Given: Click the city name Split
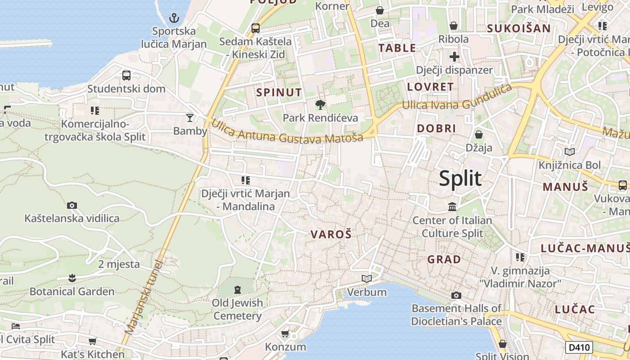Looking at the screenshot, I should (x=460, y=179).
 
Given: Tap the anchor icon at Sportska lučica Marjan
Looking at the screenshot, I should (x=174, y=18).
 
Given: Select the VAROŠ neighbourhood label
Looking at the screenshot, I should (x=331, y=234).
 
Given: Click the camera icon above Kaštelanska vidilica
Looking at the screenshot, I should (x=72, y=205).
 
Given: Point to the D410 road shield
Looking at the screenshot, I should (x=579, y=347).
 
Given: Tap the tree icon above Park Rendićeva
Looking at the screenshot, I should (x=320, y=105).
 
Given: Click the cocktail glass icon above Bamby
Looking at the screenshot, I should (x=190, y=118).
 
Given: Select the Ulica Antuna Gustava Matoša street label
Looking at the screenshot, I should (x=287, y=131).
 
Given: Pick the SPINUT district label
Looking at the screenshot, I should (x=279, y=93).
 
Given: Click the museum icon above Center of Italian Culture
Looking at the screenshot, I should (x=452, y=207).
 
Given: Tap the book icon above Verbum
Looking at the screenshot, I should (x=367, y=279).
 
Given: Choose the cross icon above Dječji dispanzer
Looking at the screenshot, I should (x=454, y=57).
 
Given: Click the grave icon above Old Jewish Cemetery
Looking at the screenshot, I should (x=238, y=289).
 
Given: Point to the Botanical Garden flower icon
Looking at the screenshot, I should (x=72, y=278).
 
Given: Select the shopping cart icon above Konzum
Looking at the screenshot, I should (x=285, y=333).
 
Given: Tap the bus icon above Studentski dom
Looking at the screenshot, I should (x=126, y=75).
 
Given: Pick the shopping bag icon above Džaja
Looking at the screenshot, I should (x=479, y=135).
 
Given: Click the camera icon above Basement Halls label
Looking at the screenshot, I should (x=456, y=295).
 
